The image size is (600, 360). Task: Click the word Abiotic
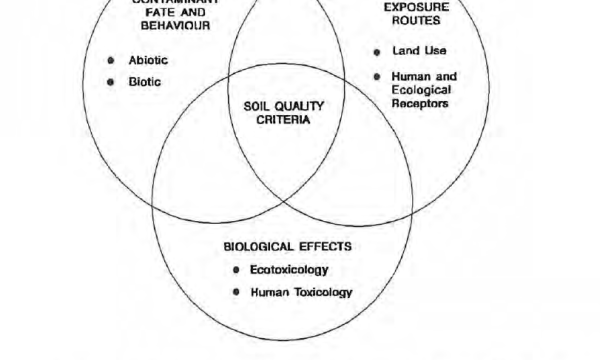pyautogui.click(x=148, y=60)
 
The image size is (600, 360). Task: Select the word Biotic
pyautogui.click(x=144, y=82)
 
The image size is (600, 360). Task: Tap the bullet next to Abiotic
pyautogui.click(x=112, y=60)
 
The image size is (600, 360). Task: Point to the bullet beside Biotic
pyautogui.click(x=112, y=82)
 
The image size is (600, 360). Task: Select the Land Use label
pyautogui.click(x=418, y=51)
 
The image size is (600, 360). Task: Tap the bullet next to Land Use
pyautogui.click(x=377, y=51)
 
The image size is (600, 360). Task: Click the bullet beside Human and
pyautogui.click(x=377, y=76)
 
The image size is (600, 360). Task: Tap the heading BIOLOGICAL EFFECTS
pyautogui.click(x=287, y=246)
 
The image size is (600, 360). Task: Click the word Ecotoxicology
pyautogui.click(x=289, y=270)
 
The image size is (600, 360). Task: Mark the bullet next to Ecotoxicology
pyautogui.click(x=236, y=270)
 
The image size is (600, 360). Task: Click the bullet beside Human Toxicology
pyautogui.click(x=236, y=292)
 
